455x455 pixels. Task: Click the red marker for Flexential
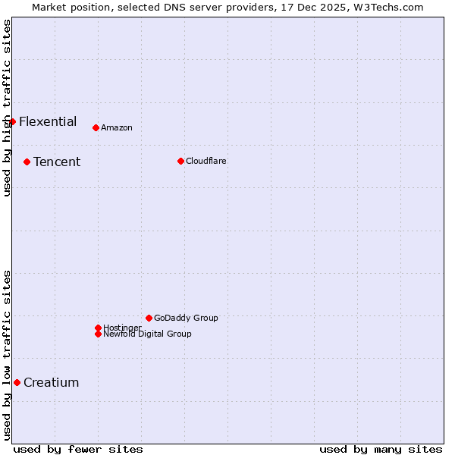coord(12,121)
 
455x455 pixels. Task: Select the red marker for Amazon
coord(96,127)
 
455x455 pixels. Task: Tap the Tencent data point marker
coord(27,162)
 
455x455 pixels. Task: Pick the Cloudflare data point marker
coord(180,161)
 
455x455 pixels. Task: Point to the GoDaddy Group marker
coord(149,318)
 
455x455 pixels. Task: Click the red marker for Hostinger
coord(98,328)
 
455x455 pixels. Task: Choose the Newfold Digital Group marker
coord(98,334)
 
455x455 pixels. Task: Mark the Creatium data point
coord(17,382)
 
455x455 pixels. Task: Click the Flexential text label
coord(48,121)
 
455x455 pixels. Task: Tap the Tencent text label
coord(57,162)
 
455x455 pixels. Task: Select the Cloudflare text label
coord(206,161)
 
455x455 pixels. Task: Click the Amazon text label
coord(117,127)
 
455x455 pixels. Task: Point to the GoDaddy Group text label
coord(186,318)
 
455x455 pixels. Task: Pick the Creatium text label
coord(52,382)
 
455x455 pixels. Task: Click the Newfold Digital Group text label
coord(148,334)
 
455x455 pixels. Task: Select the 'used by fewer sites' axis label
coord(78,449)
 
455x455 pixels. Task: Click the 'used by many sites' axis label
coord(381,449)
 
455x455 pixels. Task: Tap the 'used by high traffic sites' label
coord(7,108)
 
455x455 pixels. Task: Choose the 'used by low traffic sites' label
coord(7,354)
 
